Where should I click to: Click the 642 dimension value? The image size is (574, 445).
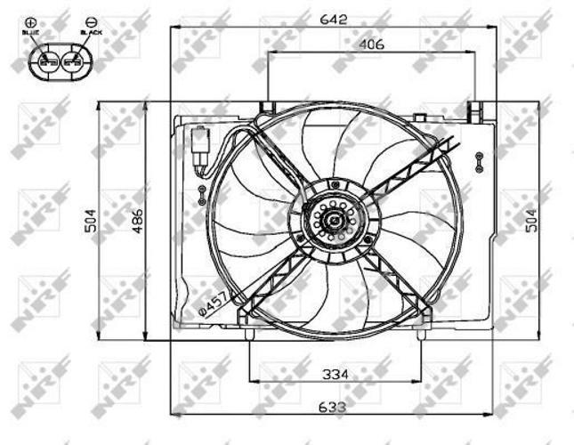pyautogui.click(x=333, y=18)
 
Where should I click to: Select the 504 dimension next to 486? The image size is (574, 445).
pyautogui.click(x=92, y=220)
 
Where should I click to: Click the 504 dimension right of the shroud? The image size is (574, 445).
pyautogui.click(x=531, y=220)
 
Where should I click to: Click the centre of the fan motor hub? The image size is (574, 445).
pyautogui.click(x=336, y=218)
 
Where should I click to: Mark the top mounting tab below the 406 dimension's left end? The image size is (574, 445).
pyautogui.click(x=266, y=109)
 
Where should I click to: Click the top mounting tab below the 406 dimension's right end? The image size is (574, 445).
pyautogui.click(x=475, y=109)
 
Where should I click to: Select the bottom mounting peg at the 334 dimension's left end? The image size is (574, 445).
pyautogui.click(x=248, y=335)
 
